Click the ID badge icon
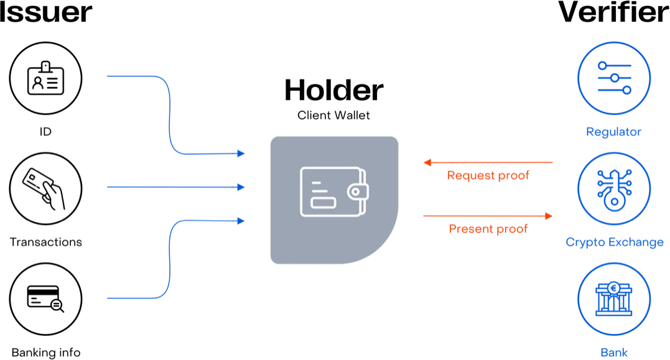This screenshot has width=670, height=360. point(45,78)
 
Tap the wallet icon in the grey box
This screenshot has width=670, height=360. point(333,191)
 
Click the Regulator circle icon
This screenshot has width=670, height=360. point(614,78)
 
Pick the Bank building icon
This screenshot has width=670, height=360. point(614,298)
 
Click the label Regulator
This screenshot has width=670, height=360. point(613,132)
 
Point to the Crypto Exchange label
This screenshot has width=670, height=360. point(615,242)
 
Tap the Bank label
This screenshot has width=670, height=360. point(614,353)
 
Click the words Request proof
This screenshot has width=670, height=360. point(488,175)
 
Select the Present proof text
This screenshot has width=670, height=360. point(488,229)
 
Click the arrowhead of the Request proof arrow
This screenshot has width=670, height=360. point(427,163)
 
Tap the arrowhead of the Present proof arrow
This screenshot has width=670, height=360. point(549,216)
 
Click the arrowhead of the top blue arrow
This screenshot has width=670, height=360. point(241,153)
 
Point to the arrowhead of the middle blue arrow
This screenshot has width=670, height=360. point(241,187)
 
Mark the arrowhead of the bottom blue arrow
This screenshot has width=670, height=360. point(241,220)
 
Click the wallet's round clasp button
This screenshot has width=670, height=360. point(355,192)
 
